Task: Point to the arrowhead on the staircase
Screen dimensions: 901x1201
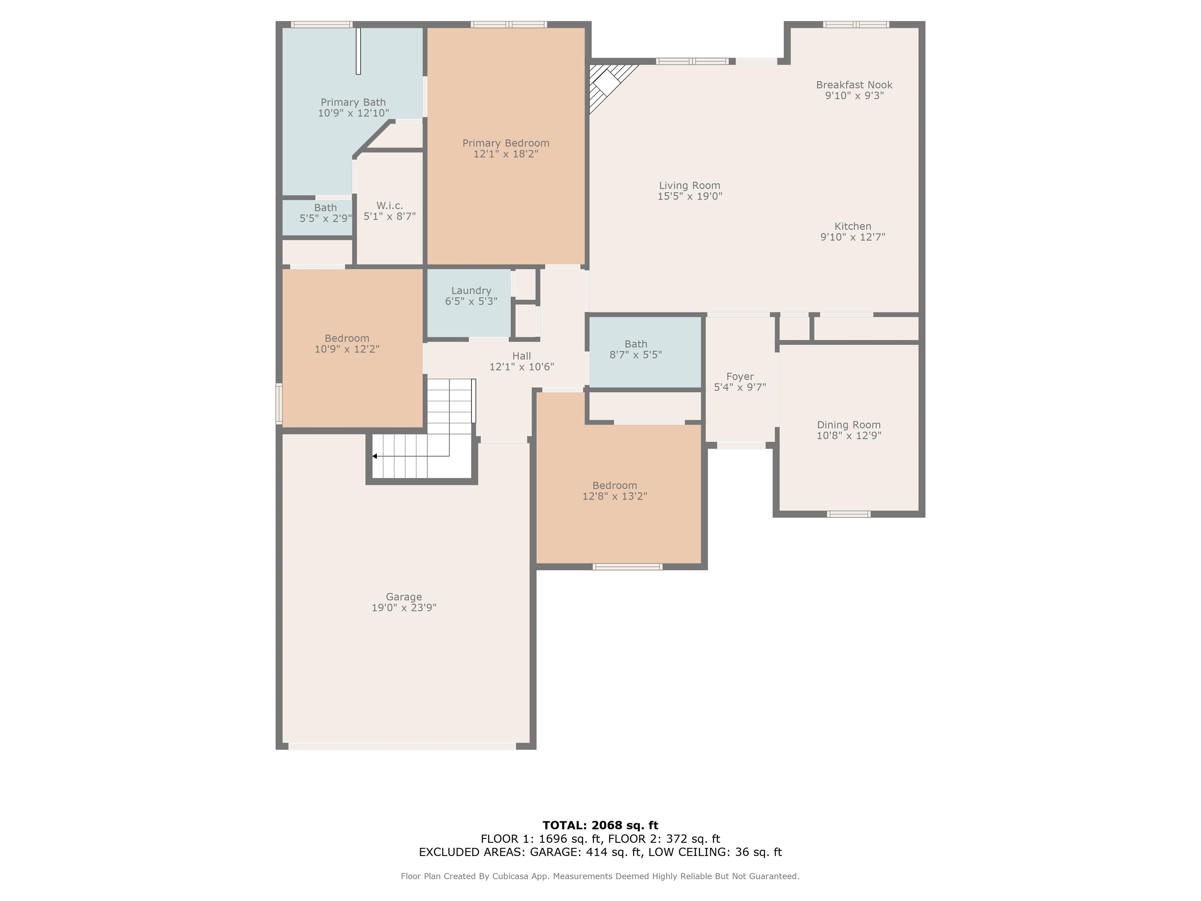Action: coord(375,456)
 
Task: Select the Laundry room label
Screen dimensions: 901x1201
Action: coord(471,291)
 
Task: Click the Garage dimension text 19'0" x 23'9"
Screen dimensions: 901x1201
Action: coord(404,608)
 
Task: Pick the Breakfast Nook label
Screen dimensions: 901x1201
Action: coord(854,85)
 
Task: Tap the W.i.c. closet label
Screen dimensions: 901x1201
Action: coord(389,206)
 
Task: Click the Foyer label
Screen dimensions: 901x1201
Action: coord(740,376)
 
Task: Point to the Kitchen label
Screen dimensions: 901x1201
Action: coord(852,226)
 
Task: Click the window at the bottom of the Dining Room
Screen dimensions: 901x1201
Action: coord(849,514)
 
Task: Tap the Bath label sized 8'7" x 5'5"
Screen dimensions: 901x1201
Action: coord(636,344)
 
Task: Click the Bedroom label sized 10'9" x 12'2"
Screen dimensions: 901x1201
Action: coord(347,338)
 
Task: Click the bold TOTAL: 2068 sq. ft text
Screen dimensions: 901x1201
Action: coord(600,826)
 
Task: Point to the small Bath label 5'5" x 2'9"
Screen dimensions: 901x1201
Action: coord(325,208)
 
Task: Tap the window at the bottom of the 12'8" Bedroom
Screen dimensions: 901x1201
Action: coord(627,567)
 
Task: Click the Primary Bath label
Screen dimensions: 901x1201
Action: coord(353,102)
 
